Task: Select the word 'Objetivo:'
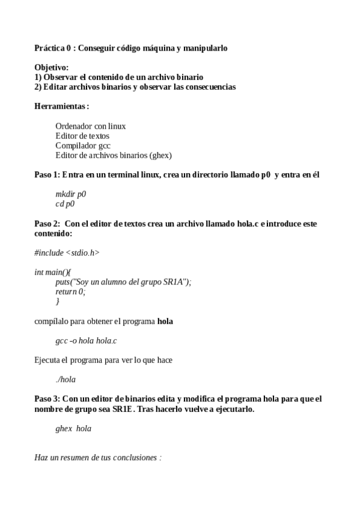[x=52, y=68]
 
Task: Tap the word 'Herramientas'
[x=60, y=106]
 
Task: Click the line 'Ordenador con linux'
[x=90, y=126]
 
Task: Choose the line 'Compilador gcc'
[x=83, y=146]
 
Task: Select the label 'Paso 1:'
[x=47, y=174]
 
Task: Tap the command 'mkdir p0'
[x=71, y=194]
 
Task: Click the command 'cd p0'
[x=65, y=204]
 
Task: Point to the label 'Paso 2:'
[x=47, y=224]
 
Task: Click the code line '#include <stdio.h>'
[x=67, y=253]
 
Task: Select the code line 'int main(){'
[x=53, y=272]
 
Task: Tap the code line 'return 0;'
[x=70, y=292]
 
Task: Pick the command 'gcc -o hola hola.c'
[x=86, y=340]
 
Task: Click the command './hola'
[x=66, y=379]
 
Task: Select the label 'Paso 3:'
[x=47, y=399]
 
